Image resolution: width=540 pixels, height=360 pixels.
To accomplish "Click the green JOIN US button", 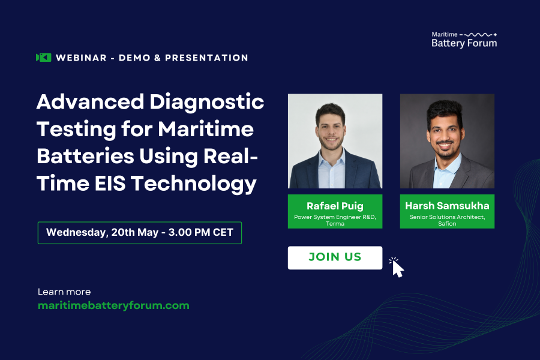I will (335, 257).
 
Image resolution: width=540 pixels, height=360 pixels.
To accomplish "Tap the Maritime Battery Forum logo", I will (464, 39).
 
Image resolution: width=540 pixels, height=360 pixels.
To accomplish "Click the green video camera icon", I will (43, 58).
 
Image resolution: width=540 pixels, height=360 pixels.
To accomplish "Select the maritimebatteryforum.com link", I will (113, 305).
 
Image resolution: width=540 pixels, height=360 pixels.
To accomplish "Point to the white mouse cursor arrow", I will (397, 268).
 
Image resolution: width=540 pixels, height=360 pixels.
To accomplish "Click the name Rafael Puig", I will (335, 206).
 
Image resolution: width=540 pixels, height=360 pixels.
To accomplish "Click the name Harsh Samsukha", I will (447, 206).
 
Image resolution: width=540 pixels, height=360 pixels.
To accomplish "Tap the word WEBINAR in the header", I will (80, 58).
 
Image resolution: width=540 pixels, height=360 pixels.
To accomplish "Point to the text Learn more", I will (64, 292).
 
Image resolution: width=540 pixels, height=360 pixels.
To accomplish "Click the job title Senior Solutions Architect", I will (447, 217).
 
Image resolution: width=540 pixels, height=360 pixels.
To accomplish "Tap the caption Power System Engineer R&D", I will (335, 217).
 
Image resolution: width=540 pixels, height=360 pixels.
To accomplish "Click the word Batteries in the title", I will (84, 157).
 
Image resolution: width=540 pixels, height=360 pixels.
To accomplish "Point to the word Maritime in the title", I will (206, 129).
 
